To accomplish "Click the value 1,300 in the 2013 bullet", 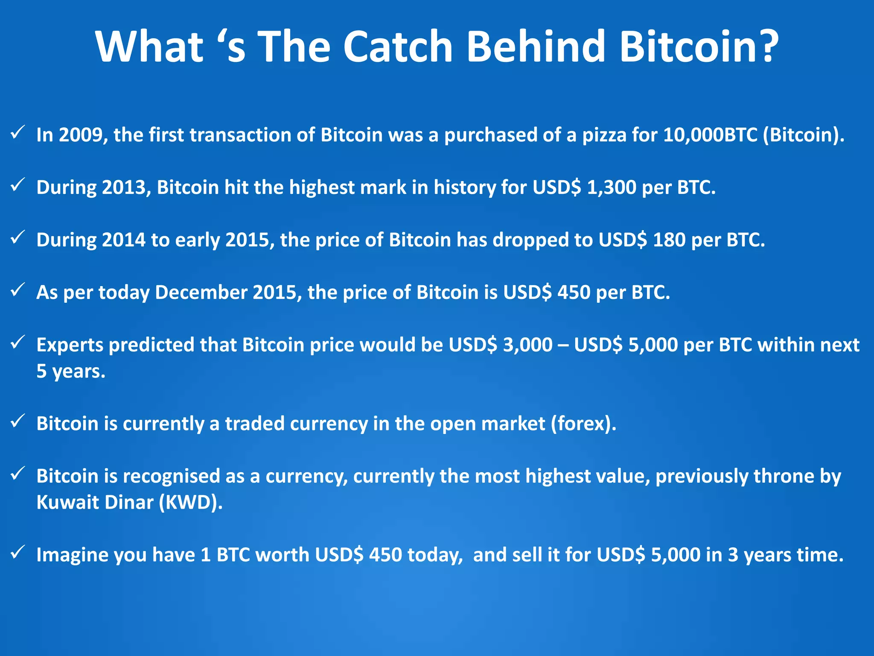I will [x=612, y=187].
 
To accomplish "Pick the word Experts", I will [x=70, y=345].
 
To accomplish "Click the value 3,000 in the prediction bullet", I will [x=527, y=345].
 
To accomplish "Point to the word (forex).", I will [x=583, y=424].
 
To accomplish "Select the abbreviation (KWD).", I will [x=191, y=503].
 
